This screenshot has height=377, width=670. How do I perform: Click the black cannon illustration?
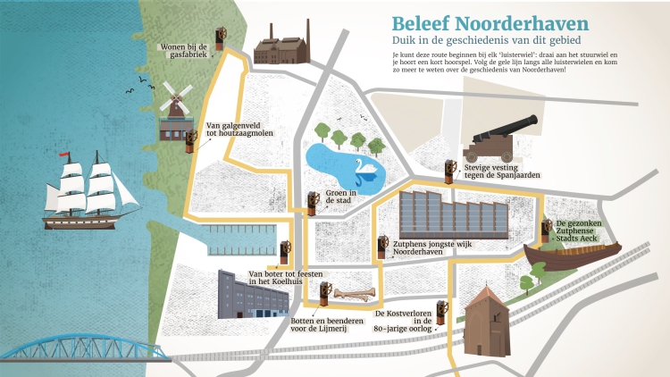pos(501,134)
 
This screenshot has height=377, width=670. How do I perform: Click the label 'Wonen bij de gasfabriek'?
pos(183,51)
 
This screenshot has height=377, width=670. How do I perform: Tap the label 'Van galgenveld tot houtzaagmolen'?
pos(239,130)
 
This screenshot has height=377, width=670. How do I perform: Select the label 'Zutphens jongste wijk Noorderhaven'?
pos(432,247)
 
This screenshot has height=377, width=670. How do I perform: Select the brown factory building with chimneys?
pos(281,46)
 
